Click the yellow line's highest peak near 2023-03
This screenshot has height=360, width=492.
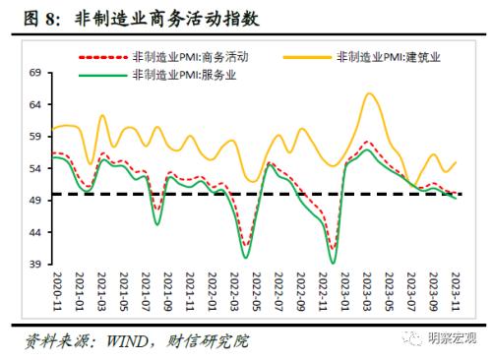[x=369, y=93]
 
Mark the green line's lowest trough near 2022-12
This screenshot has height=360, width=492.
[x=333, y=263]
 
